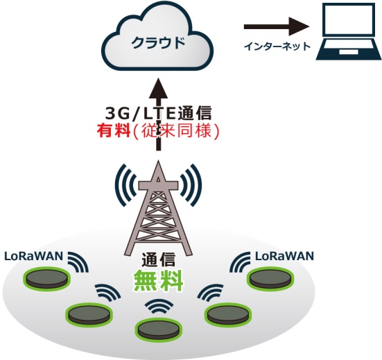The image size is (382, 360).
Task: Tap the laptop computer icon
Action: [x=349, y=31]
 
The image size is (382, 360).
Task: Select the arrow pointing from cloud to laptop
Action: [x=277, y=26]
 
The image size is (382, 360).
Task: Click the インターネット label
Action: [x=277, y=46]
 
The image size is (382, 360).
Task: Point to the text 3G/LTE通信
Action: [x=158, y=113]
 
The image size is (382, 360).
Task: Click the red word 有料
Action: [x=114, y=131]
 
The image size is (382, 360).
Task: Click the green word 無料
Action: [x=158, y=280]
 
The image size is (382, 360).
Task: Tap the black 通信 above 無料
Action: [x=158, y=259]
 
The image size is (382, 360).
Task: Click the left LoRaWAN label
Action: [x=34, y=256]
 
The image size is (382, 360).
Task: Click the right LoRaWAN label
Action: [x=284, y=256]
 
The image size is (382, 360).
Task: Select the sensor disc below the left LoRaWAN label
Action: [x=46, y=279]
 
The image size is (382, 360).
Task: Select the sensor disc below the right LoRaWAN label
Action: [x=270, y=279]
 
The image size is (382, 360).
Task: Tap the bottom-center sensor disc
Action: [x=158, y=329]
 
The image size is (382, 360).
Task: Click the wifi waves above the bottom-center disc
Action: [x=159, y=306]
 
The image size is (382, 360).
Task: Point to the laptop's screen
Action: [x=349, y=19]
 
